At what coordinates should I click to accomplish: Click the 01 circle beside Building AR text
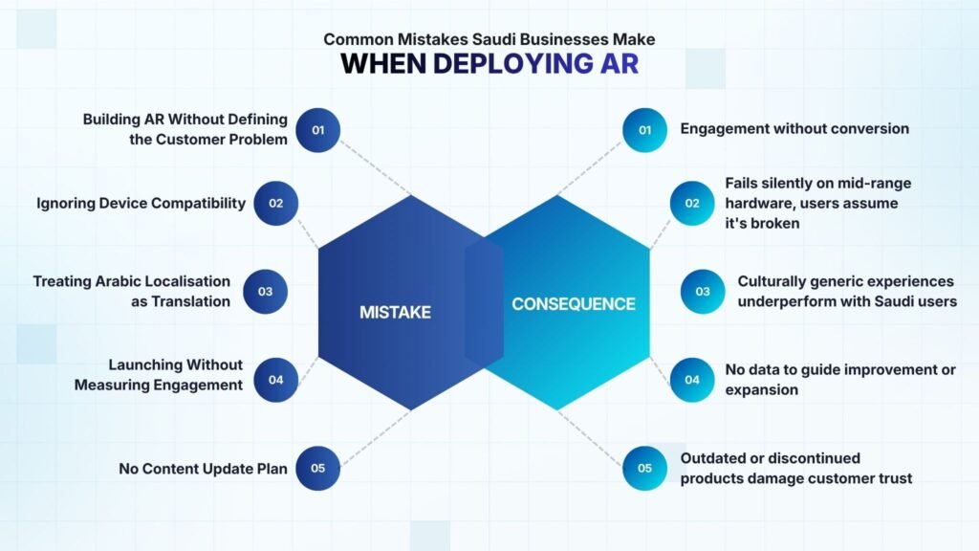pos(317,130)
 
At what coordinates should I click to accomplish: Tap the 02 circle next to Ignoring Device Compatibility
pos(276,203)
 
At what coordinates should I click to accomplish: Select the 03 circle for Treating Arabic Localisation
pos(266,291)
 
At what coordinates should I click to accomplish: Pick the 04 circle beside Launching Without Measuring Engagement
pos(276,379)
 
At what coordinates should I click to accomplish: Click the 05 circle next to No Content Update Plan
pos(317,468)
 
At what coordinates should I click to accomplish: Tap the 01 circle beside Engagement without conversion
pos(645,130)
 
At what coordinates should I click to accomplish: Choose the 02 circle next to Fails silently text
pos(692,203)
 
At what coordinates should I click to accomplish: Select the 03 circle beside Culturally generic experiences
pos(703,291)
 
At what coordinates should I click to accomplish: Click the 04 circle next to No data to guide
pos(692,379)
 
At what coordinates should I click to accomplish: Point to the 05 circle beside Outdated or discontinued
pos(645,468)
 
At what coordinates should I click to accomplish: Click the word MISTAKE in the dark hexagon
pos(395,313)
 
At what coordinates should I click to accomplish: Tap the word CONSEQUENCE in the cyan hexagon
pos(574,304)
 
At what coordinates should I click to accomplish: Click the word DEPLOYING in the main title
pos(513,64)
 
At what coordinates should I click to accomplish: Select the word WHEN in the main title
pos(383,64)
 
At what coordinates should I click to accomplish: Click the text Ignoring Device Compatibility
pos(141,204)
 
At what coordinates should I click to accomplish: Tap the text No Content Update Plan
pos(203,469)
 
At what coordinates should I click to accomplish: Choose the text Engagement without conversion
pos(794,129)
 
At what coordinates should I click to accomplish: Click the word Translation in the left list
pos(191,301)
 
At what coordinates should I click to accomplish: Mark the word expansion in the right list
pos(762,390)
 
